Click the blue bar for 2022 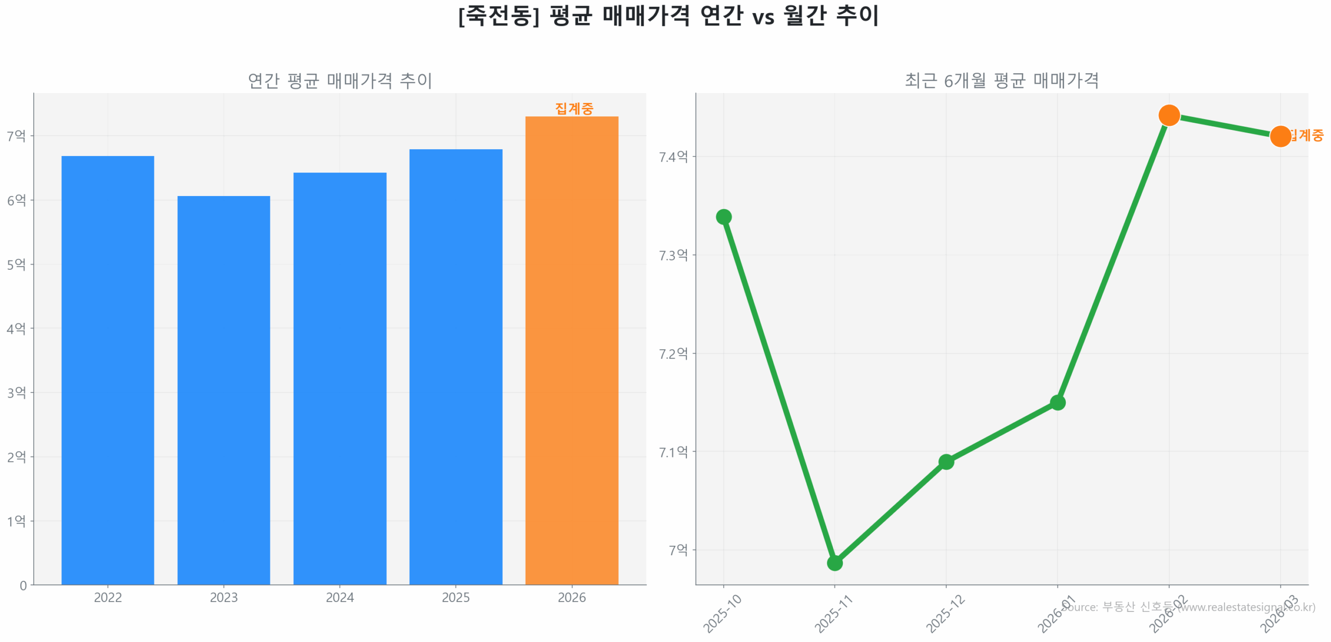click(108, 370)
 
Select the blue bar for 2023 click(224, 390)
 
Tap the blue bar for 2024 click(340, 378)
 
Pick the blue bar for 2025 click(455, 366)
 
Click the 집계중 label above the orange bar click(574, 109)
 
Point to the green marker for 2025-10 click(723, 217)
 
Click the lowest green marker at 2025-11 click(834, 562)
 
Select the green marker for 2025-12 click(946, 462)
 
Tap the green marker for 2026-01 click(1058, 402)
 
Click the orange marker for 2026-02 click(1169, 115)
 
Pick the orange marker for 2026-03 click(1280, 136)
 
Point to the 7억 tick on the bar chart click(16, 136)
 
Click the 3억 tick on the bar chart click(16, 392)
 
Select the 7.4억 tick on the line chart click(673, 156)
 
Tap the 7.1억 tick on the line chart click(673, 452)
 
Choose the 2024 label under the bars click(340, 597)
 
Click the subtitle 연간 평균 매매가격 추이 click(340, 81)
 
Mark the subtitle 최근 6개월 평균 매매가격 click(1001, 81)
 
